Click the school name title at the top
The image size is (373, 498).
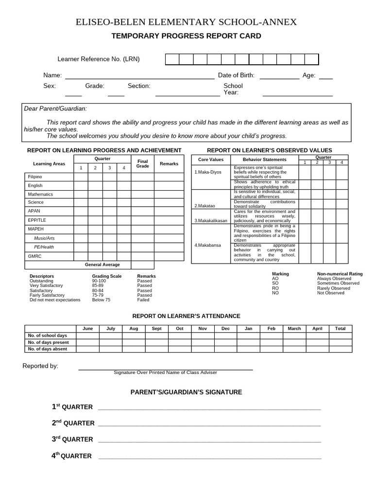[186, 22]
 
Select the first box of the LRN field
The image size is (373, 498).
[172, 59]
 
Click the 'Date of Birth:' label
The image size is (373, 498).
[236, 75]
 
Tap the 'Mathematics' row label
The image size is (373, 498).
[40, 194]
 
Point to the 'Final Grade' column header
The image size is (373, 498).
[142, 164]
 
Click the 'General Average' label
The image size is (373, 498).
[102, 265]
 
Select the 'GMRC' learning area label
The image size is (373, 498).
[34, 256]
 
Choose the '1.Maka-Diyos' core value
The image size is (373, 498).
[207, 172]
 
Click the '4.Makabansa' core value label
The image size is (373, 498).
[207, 245]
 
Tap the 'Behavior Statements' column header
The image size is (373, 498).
[264, 160]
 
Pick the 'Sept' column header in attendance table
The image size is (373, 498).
[156, 329]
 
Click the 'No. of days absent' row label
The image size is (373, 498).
[48, 349]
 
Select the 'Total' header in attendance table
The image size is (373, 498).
[340, 329]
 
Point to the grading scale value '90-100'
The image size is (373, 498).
[99, 281]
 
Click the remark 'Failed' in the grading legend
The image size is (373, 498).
[143, 300]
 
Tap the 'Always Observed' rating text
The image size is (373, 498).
[334, 279]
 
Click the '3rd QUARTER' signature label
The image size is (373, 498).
[72, 439]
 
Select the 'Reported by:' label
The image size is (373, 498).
[40, 366]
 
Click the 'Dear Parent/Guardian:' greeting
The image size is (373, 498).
[55, 108]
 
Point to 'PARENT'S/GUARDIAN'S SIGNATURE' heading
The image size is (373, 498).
[186, 392]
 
